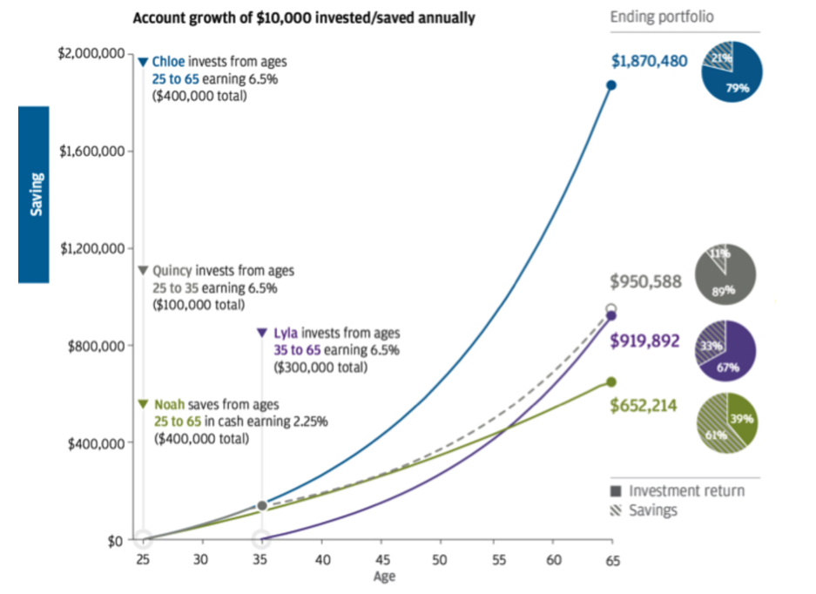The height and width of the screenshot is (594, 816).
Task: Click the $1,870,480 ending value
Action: coord(649,61)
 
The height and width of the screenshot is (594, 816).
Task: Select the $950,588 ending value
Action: coord(648,281)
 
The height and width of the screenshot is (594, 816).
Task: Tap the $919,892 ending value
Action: coord(649,341)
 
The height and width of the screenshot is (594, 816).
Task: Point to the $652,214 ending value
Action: coord(649,406)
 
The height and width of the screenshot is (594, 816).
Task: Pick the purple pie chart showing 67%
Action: coord(726,350)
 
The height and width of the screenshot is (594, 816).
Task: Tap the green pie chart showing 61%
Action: coord(726,422)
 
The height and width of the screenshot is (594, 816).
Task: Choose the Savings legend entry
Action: coord(653,510)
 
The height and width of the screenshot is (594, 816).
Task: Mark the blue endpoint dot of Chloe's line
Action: coord(611,85)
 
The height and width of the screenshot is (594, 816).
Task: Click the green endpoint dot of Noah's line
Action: coord(611,381)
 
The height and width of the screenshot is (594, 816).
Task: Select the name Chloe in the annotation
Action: coord(168,62)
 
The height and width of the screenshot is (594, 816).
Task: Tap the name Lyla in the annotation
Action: coord(284,333)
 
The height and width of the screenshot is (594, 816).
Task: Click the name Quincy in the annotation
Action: coord(172,271)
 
